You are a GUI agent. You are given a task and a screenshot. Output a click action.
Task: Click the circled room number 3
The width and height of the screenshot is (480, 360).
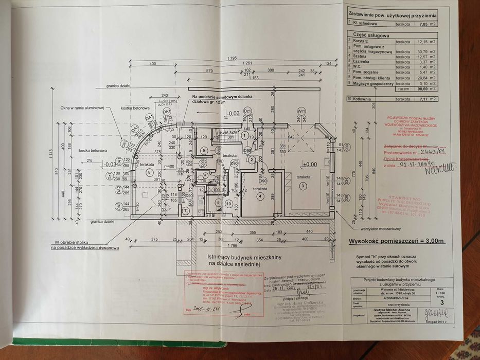pos(304,186)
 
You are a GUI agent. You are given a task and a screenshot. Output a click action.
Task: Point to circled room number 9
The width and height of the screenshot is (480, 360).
pos(204,150)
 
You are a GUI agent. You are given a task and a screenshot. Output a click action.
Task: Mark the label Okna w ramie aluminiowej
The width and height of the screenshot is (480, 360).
pos(81,107)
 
